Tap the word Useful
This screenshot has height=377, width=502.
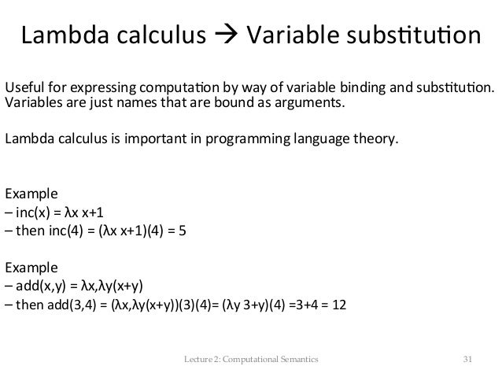coord(24,87)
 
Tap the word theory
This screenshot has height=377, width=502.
coord(376,141)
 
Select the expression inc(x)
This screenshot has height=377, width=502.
coord(34,212)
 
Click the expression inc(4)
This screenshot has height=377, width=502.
coord(65,232)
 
